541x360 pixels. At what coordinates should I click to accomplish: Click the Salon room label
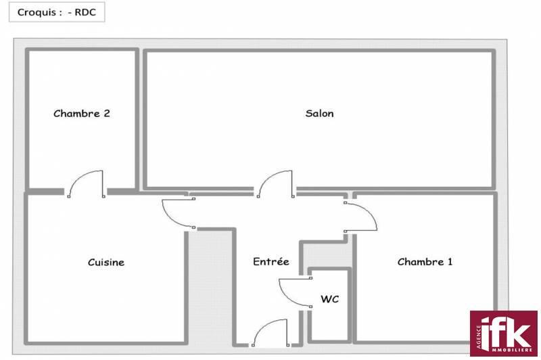[319, 114]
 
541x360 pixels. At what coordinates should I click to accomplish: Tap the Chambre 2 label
[82, 114]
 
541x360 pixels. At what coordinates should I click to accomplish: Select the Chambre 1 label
[425, 262]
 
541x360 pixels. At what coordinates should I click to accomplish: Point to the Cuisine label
[106, 263]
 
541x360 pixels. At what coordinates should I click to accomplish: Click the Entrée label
[271, 261]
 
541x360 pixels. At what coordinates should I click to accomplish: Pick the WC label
[330, 299]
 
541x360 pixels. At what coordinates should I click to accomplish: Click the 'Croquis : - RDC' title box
[57, 12]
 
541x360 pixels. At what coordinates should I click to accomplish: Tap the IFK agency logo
[503, 334]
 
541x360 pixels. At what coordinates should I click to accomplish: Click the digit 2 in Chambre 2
[107, 114]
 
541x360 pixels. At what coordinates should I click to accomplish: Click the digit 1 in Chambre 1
[450, 262]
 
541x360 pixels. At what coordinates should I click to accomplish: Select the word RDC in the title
[85, 12]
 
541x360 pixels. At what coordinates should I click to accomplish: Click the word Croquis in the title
[37, 13]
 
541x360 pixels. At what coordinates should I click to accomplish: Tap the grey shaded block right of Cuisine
[210, 288]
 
